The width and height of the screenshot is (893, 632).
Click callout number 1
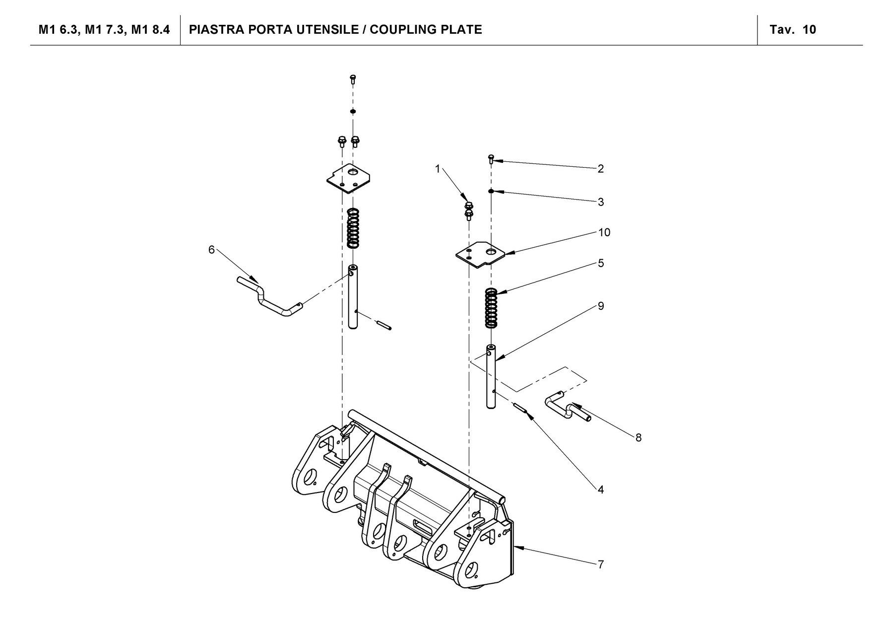tap(438, 169)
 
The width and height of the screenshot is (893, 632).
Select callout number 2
tap(600, 169)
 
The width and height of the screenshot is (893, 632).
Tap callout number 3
tap(600, 202)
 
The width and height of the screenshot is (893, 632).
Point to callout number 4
tap(600, 490)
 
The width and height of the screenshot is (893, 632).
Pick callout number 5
tap(600, 263)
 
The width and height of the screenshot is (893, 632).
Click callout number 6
tap(211, 250)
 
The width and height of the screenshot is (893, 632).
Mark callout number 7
tap(600, 564)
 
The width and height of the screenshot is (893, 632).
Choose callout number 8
tap(638, 437)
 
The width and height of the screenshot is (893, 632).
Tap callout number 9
tap(600, 306)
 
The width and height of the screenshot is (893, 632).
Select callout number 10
tap(604, 232)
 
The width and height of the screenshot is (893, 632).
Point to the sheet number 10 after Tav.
tap(809, 30)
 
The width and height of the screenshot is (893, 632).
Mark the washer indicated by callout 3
tap(490, 191)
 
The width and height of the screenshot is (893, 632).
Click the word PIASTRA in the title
tap(214, 30)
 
